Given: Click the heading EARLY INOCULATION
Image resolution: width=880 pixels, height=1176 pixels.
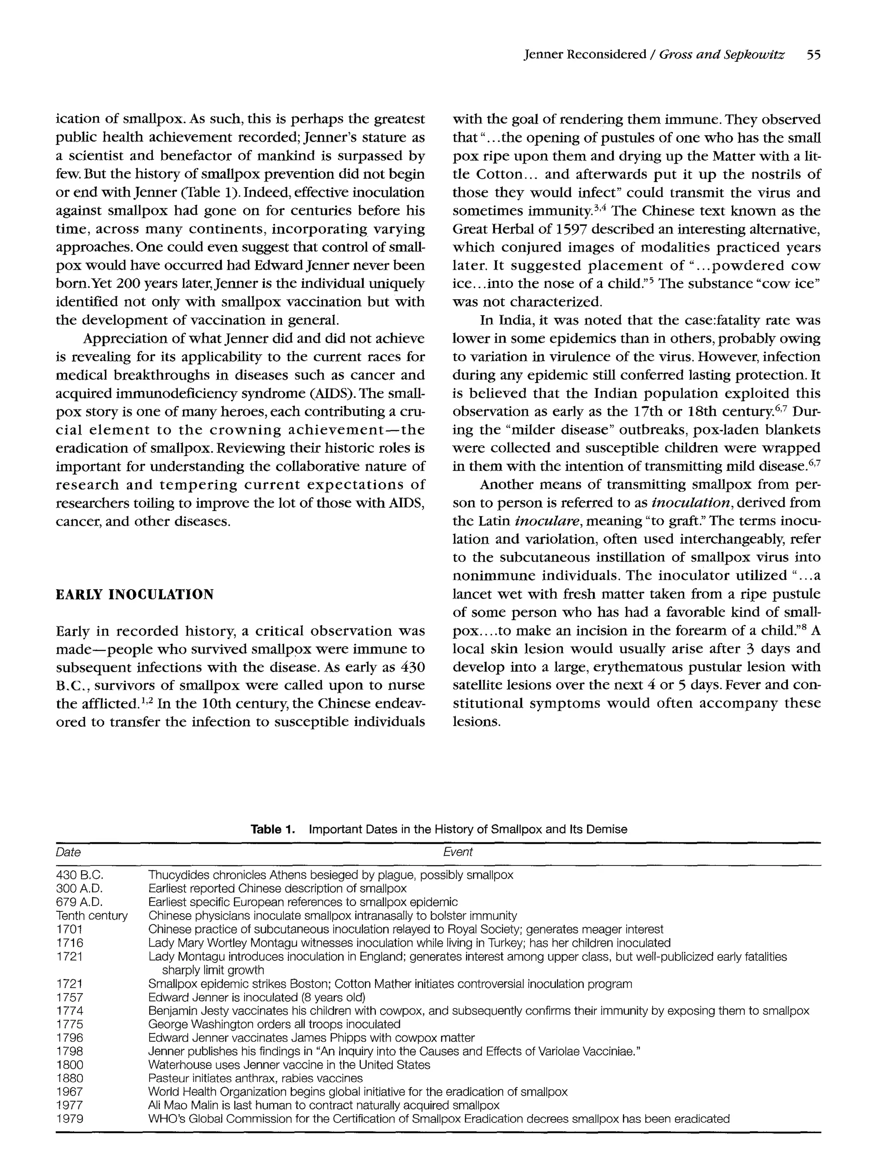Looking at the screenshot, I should coord(134,594).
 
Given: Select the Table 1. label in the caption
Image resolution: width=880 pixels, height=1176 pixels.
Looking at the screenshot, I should coord(272,829).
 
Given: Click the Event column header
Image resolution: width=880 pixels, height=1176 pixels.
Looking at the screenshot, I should coord(457,852).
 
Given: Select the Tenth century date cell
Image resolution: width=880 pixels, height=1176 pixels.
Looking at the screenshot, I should coord(92,915).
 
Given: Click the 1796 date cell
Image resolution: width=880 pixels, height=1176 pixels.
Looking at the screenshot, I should coord(70,1038).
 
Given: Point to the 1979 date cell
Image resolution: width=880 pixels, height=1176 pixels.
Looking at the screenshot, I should coord(70,1119).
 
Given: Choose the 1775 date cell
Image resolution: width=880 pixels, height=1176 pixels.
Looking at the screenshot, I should coord(70,1024).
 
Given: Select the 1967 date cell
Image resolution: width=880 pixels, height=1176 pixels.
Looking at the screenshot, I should coord(70,1092).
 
